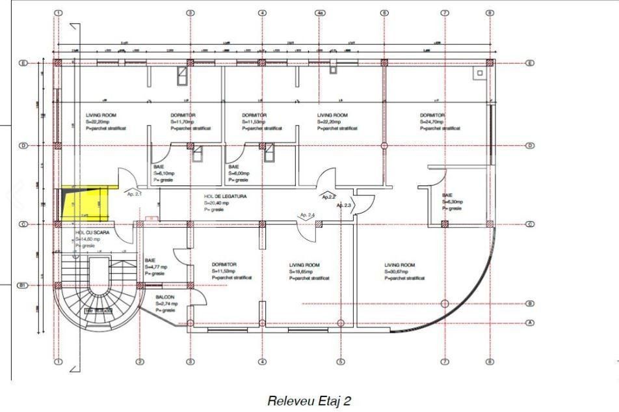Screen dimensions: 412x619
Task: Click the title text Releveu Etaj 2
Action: pos(309,401)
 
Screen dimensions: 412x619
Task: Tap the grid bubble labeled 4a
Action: pos(319,12)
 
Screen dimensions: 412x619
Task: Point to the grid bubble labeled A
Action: pos(529,323)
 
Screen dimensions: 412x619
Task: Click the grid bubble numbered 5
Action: pos(340,362)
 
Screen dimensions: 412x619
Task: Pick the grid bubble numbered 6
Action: pos(384,12)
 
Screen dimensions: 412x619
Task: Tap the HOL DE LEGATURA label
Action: pos(225,196)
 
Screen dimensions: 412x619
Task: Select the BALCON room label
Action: pos(165,297)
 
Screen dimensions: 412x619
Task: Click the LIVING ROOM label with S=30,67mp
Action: pos(400,265)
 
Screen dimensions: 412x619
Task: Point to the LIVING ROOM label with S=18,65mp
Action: pos(304,265)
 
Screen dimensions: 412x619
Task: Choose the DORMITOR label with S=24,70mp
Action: pos(432,115)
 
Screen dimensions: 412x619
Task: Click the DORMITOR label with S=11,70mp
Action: pos(183,115)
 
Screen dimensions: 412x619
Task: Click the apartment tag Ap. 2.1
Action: pos(135,194)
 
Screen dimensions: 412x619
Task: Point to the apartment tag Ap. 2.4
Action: pos(307,215)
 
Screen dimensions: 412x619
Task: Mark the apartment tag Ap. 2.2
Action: pos(329,196)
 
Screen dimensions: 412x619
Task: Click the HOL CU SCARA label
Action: pos(88,232)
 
